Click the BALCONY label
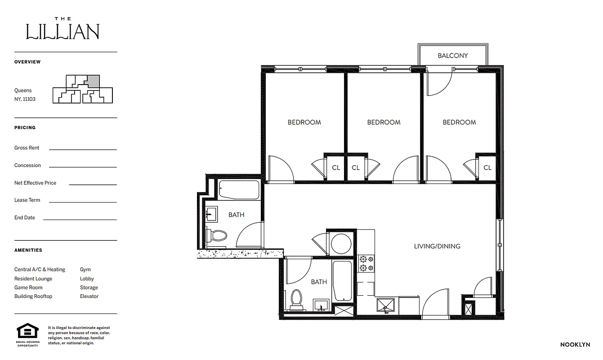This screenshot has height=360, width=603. pyautogui.click(x=453, y=56)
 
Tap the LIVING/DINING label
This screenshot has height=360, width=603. pyautogui.click(x=437, y=246)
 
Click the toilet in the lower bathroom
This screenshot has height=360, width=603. pyautogui.click(x=296, y=299)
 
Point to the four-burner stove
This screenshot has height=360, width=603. pyautogui.click(x=366, y=264)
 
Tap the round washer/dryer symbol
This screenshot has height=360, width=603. pyautogui.click(x=341, y=243)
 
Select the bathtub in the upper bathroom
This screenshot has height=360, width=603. pyautogui.click(x=239, y=190)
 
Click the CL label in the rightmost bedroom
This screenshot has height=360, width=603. pyautogui.click(x=487, y=168)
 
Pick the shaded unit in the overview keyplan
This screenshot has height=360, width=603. pyautogui.click(x=93, y=81)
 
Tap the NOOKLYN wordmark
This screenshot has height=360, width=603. pyautogui.click(x=575, y=345)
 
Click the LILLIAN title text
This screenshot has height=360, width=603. pyautogui.click(x=63, y=31)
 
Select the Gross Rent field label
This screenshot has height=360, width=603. pyautogui.click(x=27, y=148)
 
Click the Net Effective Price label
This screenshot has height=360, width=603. pyautogui.click(x=35, y=183)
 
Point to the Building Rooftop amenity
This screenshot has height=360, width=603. pyautogui.click(x=33, y=297)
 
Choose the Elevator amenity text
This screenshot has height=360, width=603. pyautogui.click(x=89, y=297)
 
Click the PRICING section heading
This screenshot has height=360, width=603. pyautogui.click(x=25, y=128)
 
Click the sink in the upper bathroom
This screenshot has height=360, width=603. pyautogui.click(x=211, y=213)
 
